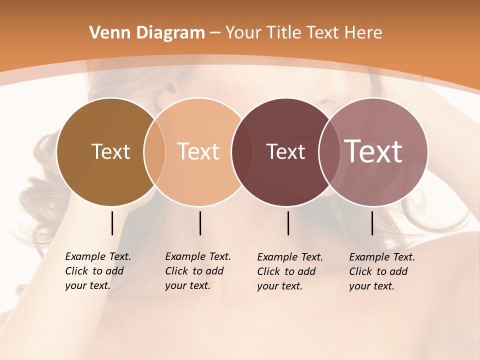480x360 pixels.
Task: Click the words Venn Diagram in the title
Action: coord(147,33)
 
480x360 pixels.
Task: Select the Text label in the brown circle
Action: coord(110,151)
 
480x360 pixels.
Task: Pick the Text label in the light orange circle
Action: coord(198,151)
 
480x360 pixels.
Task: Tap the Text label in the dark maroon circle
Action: coord(285,151)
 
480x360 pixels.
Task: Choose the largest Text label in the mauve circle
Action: coord(373,151)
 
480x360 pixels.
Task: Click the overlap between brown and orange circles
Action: coord(154,151)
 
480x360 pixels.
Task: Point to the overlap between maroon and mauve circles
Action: coord(328,151)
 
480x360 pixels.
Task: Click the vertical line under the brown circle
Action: coord(112,223)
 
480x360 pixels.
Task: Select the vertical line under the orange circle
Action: coord(200,223)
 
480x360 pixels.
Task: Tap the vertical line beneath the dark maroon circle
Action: coord(288,223)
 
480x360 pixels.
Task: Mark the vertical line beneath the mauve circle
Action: coord(372,223)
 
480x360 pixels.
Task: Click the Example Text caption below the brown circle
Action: coord(98,271)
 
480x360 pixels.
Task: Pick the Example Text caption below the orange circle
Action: coord(198,271)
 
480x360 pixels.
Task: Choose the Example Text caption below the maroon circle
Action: coord(290,271)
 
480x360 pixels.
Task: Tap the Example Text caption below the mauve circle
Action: coord(382,271)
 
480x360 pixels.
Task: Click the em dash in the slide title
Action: coord(214,33)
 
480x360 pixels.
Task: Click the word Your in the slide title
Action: coord(243,33)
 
